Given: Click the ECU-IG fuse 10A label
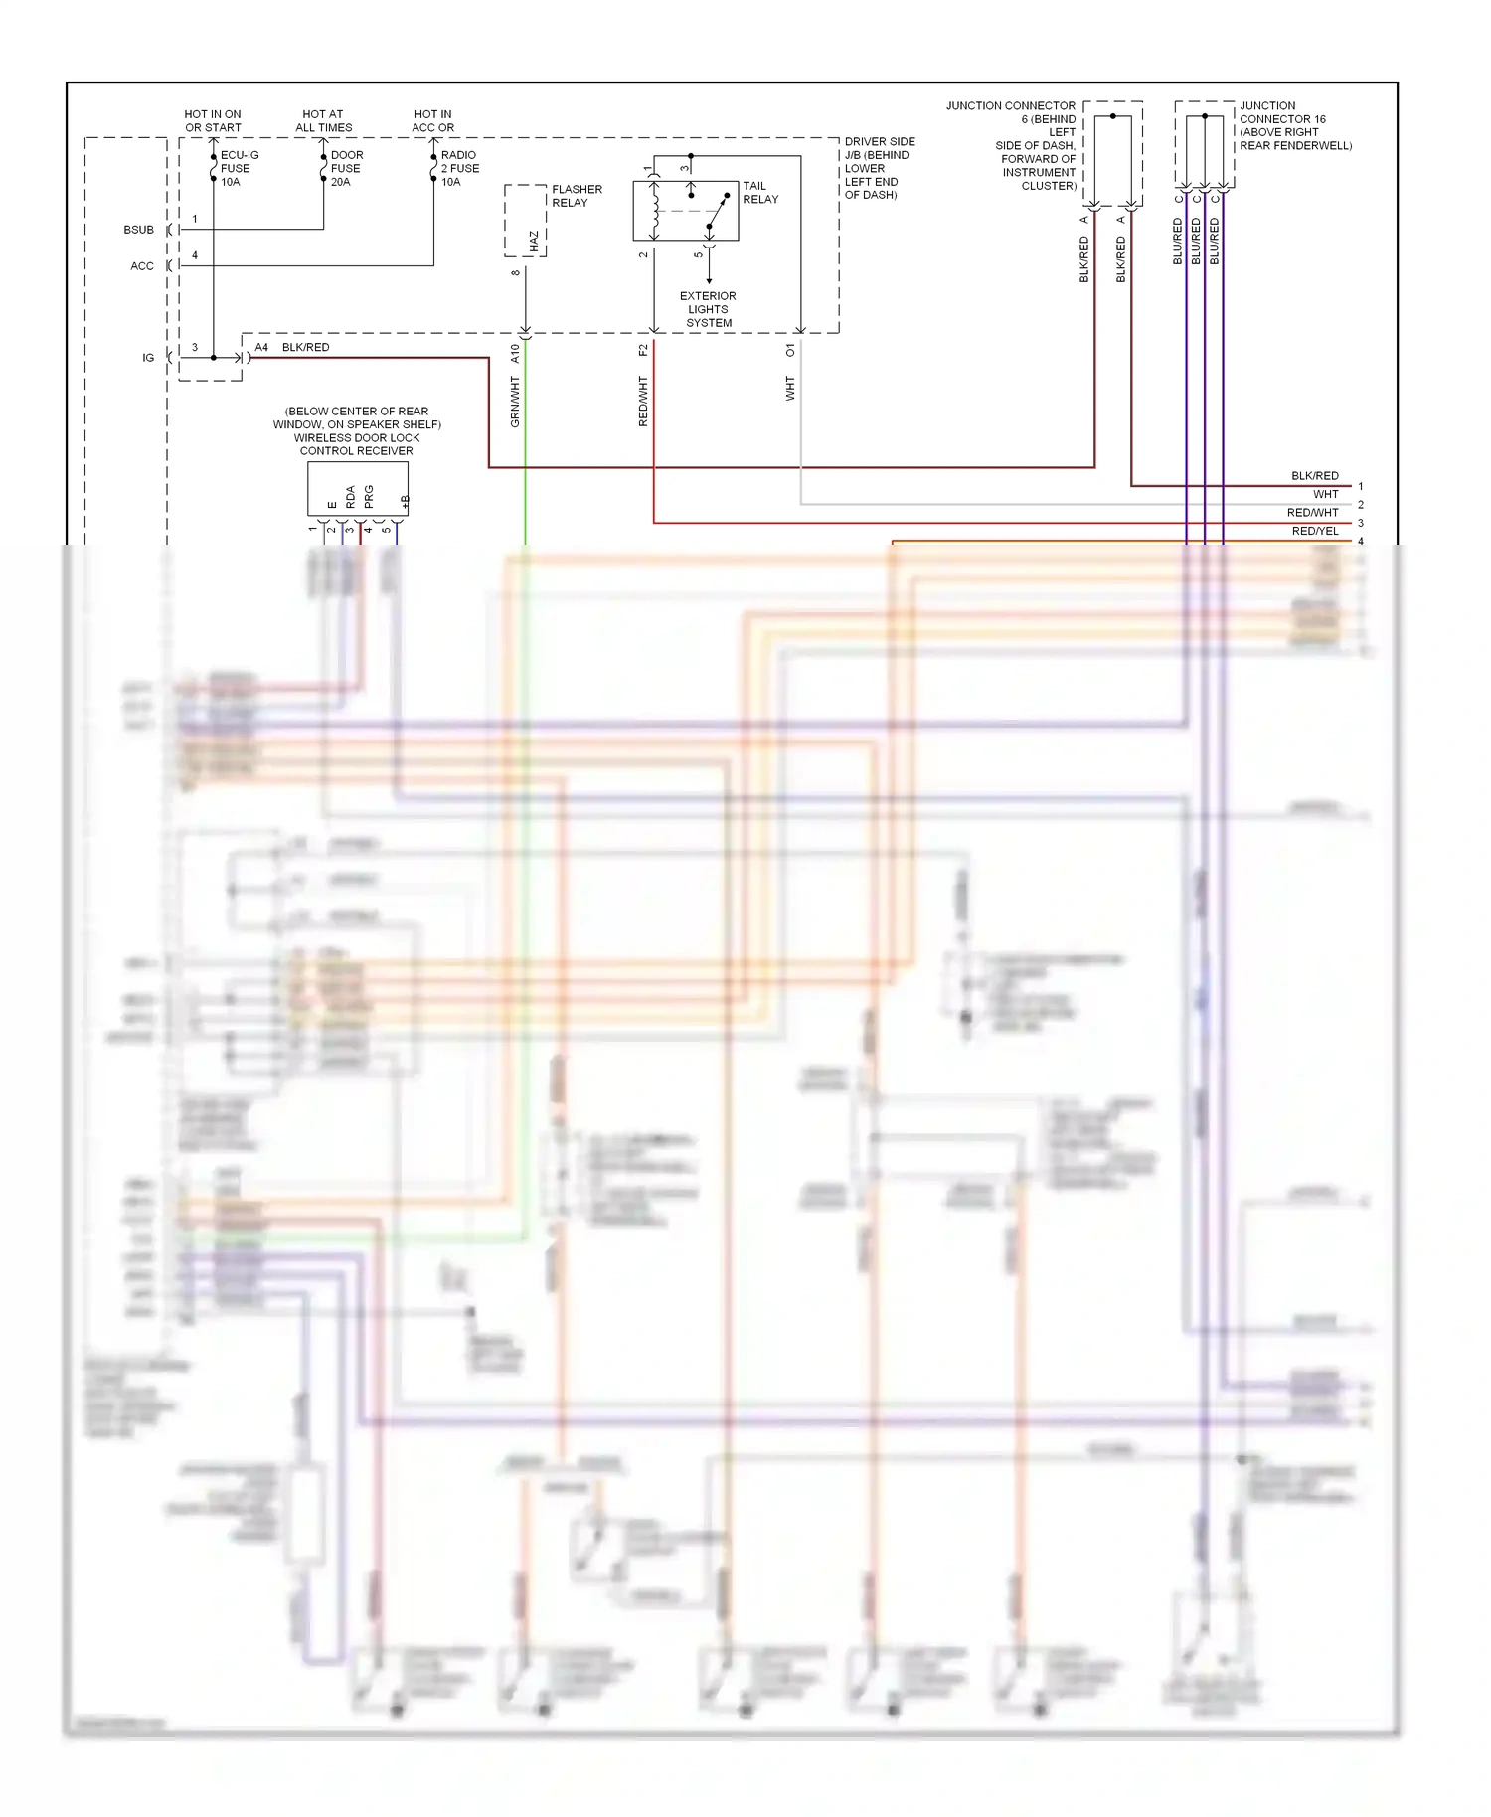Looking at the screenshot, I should pos(239,168).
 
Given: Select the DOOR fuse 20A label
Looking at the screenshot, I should pos(346,168).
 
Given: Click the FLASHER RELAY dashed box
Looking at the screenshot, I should pos(525,221).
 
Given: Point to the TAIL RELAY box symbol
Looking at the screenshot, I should pos(685,211).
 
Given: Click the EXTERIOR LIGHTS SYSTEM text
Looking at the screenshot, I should pos(708,309).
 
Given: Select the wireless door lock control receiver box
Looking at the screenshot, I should pos(357,488).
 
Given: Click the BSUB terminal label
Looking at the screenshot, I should pos(138,230).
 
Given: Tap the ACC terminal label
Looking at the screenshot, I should pos(142,266).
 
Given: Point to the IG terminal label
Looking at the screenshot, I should pos(148,358).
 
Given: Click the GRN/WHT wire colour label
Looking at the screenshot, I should pos(515,402).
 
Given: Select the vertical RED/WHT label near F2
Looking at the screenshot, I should pos(643,402).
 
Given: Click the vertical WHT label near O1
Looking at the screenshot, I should pos(790,388).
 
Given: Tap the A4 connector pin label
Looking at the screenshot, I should pos(261,347).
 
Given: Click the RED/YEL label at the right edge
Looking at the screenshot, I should pos(1314,531).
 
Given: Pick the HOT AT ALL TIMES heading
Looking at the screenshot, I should pos(323,121).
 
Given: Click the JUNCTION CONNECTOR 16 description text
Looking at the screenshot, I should pos(1294,125).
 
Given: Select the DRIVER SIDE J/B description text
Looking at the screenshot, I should pos(879,168).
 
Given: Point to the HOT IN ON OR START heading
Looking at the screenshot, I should pos(213,121).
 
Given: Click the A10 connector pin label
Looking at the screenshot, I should pos(515,353).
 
